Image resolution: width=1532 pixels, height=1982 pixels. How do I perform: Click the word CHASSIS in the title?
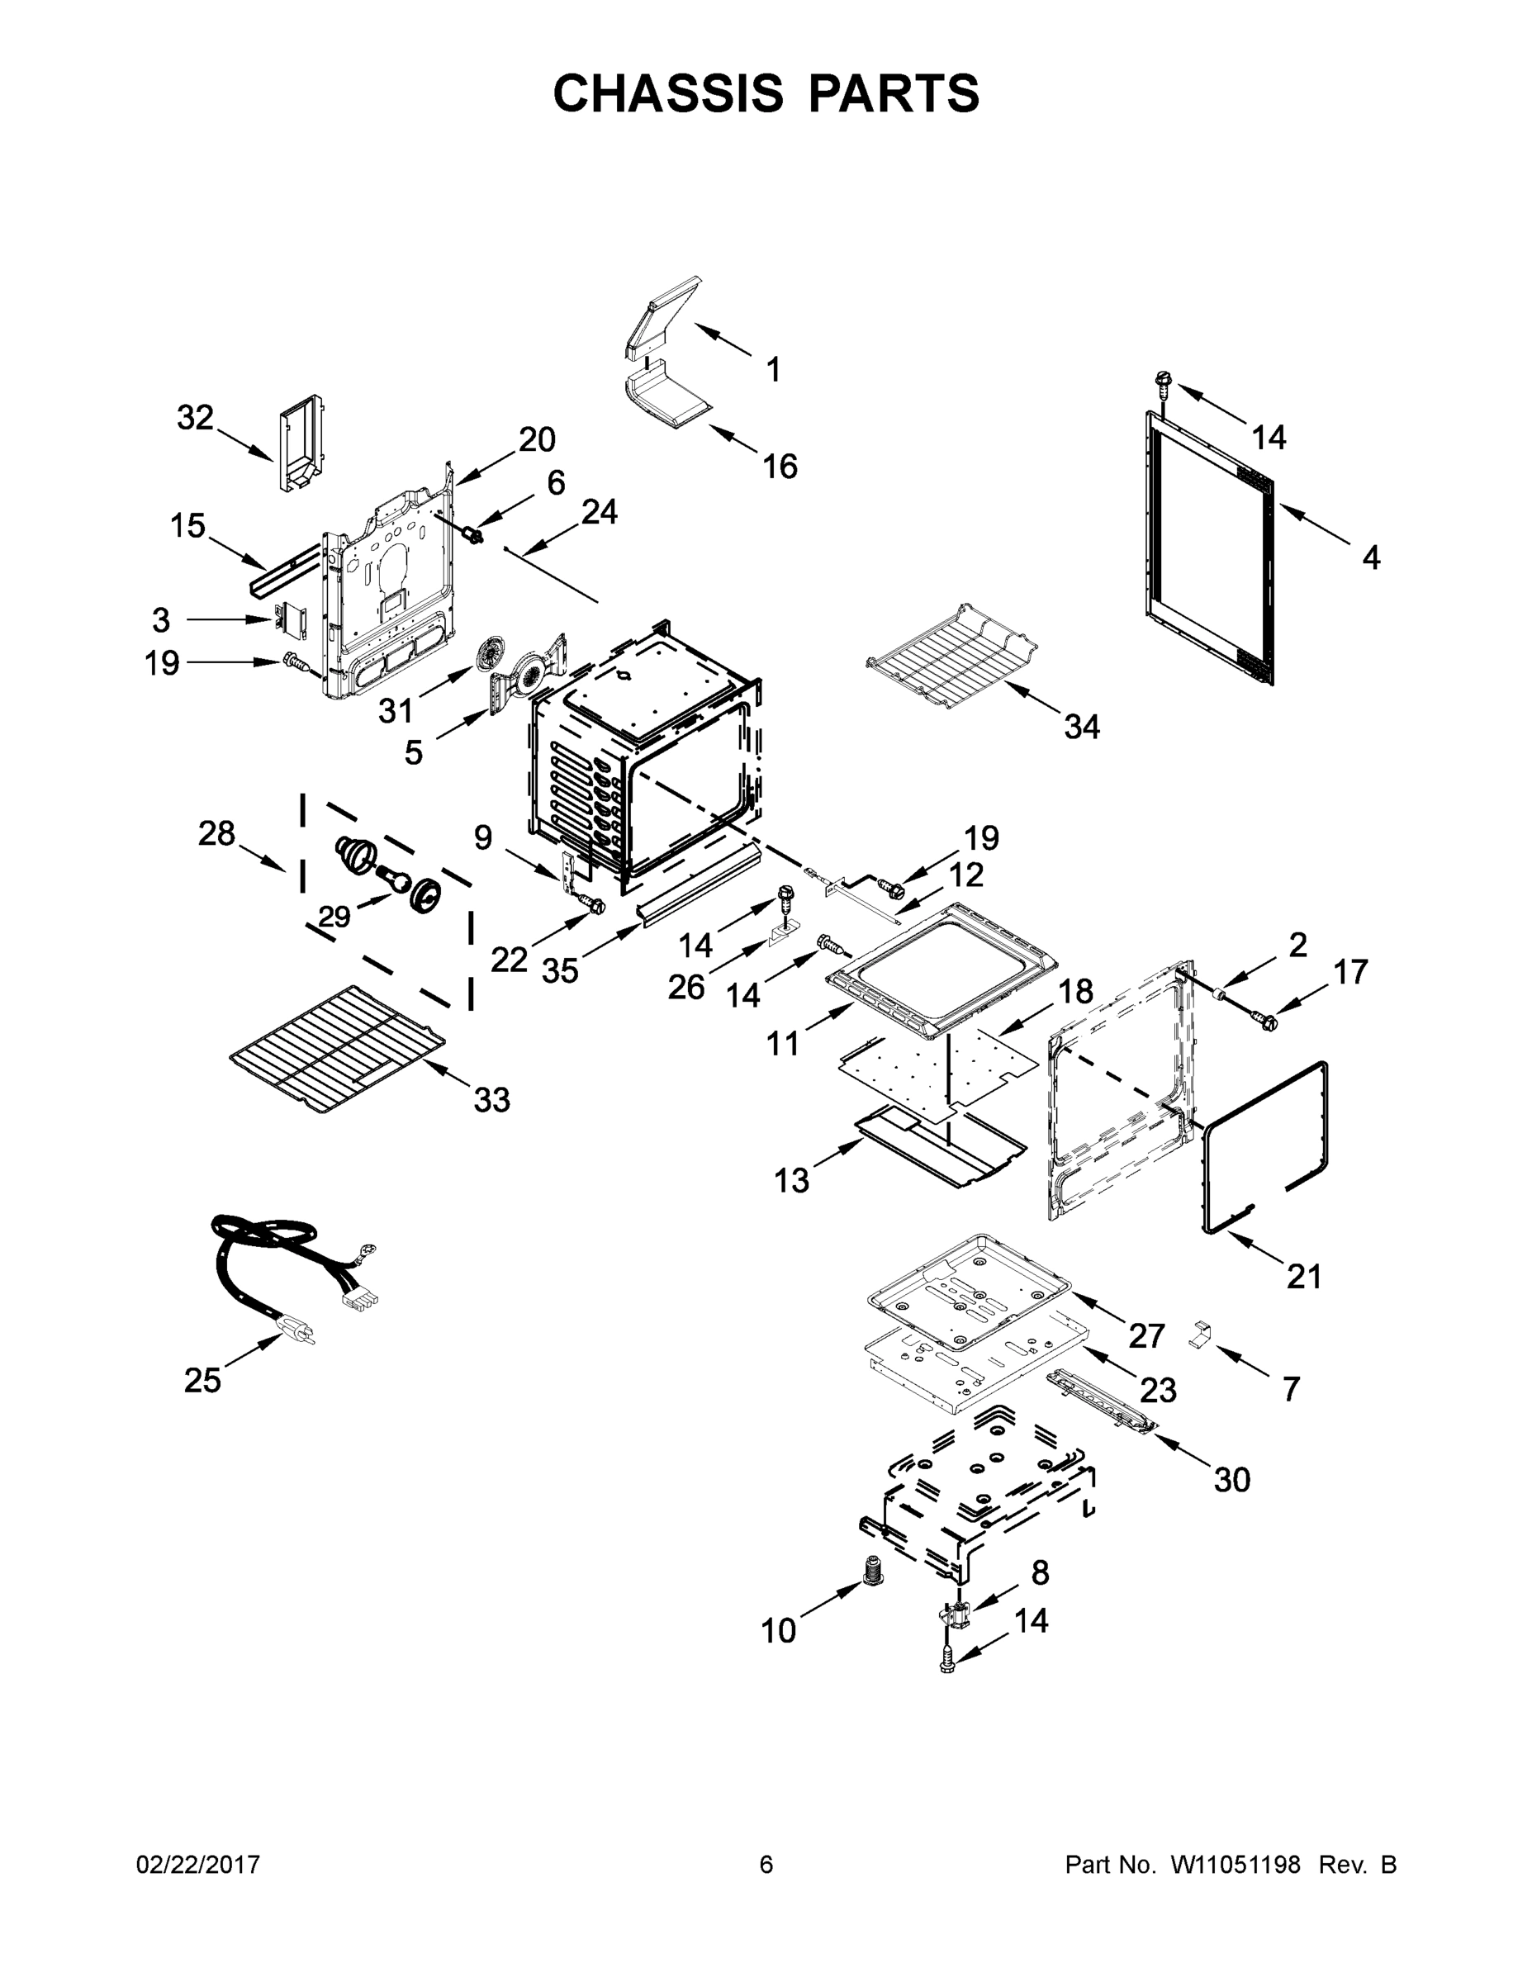(668, 92)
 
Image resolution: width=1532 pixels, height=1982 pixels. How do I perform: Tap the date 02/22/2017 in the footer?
(198, 1865)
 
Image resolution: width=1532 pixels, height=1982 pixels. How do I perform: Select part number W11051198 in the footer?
(1236, 1865)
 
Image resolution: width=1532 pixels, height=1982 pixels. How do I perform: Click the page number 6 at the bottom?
(766, 1865)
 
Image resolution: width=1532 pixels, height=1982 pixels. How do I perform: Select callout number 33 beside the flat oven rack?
(491, 1100)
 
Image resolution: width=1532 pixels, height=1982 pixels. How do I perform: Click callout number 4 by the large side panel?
(1370, 557)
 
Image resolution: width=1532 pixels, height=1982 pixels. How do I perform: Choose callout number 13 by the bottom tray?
(791, 1181)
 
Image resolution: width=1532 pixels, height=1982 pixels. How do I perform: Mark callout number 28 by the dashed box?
(217, 833)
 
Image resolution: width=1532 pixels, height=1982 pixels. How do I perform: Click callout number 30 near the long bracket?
(1231, 1479)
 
